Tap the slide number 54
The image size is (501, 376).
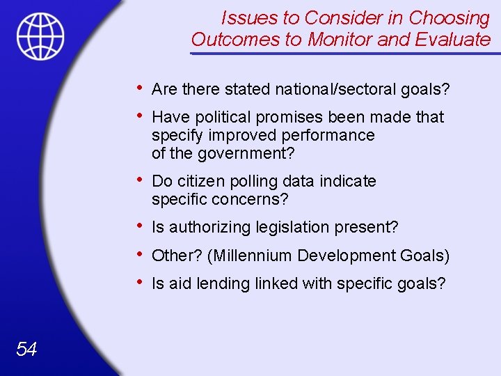(26, 349)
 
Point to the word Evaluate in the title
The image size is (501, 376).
(452, 40)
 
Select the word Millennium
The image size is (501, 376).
(254, 256)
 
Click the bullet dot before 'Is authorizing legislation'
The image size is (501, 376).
(141, 226)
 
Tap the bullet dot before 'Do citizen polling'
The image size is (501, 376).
(141, 180)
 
